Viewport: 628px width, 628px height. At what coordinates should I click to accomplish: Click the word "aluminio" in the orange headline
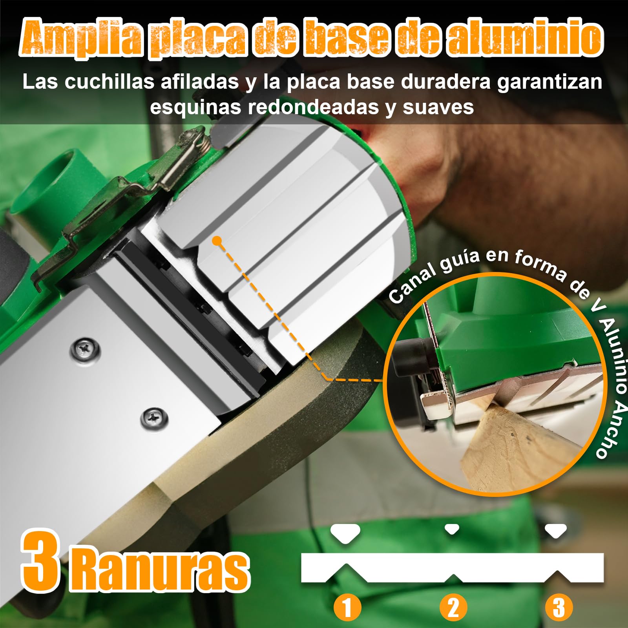[525, 38]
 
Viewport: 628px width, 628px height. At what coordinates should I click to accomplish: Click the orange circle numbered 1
[347, 608]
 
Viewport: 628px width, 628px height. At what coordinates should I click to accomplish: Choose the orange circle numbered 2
[453, 608]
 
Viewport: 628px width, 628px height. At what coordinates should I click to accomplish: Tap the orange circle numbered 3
[559, 608]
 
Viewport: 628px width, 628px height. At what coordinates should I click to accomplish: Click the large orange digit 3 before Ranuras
[41, 562]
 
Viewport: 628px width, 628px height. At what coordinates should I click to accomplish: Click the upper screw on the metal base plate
[85, 349]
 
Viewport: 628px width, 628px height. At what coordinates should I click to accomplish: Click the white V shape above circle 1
[345, 533]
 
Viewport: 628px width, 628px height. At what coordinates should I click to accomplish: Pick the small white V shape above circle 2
[452, 529]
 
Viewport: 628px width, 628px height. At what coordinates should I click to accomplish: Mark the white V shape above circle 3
[556, 531]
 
